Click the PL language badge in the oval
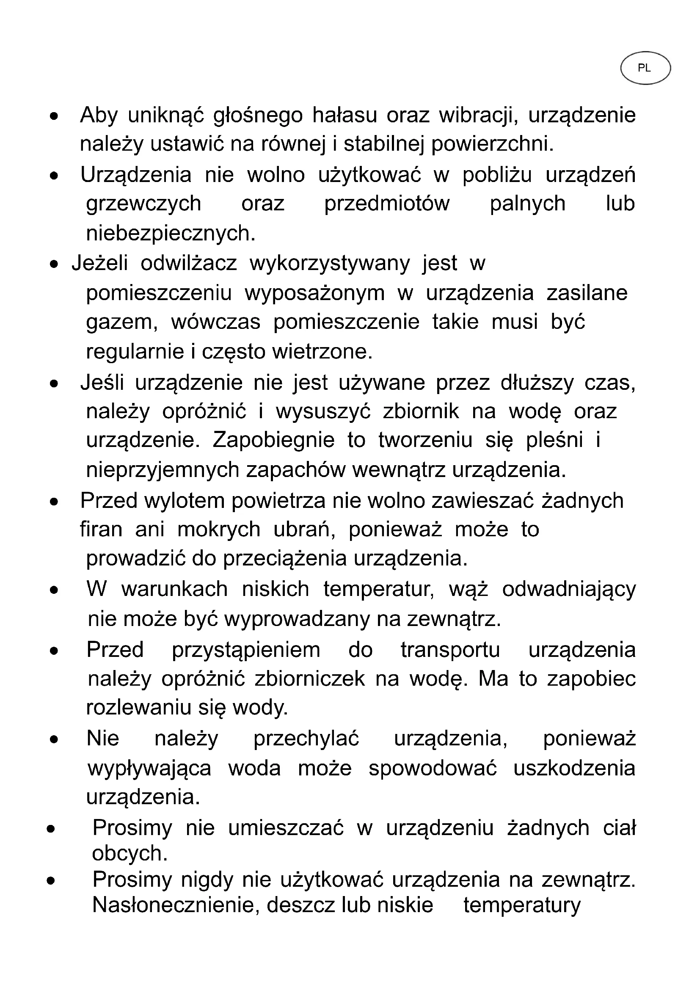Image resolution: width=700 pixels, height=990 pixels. pyautogui.click(x=645, y=68)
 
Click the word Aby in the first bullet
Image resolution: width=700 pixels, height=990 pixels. pyautogui.click(x=99, y=115)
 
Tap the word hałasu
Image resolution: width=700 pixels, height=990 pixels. pyautogui.click(x=344, y=115)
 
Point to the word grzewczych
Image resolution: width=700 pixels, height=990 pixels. pyautogui.click(x=143, y=204)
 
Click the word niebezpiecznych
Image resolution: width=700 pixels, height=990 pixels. pyautogui.click(x=171, y=233)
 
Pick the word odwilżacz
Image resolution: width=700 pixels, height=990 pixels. pyautogui.click(x=189, y=263)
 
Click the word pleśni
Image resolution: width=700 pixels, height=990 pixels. pyautogui.click(x=554, y=440)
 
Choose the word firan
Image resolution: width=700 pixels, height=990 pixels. pyautogui.click(x=101, y=529)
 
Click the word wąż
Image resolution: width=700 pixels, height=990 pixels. pyautogui.click(x=468, y=589)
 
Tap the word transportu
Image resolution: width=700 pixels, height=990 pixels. pyautogui.click(x=450, y=650)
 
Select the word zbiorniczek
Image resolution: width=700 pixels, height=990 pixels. pyautogui.click(x=310, y=679)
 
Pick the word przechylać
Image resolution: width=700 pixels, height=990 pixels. pyautogui.click(x=306, y=738)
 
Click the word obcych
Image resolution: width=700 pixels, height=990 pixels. pyautogui.click(x=130, y=853)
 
